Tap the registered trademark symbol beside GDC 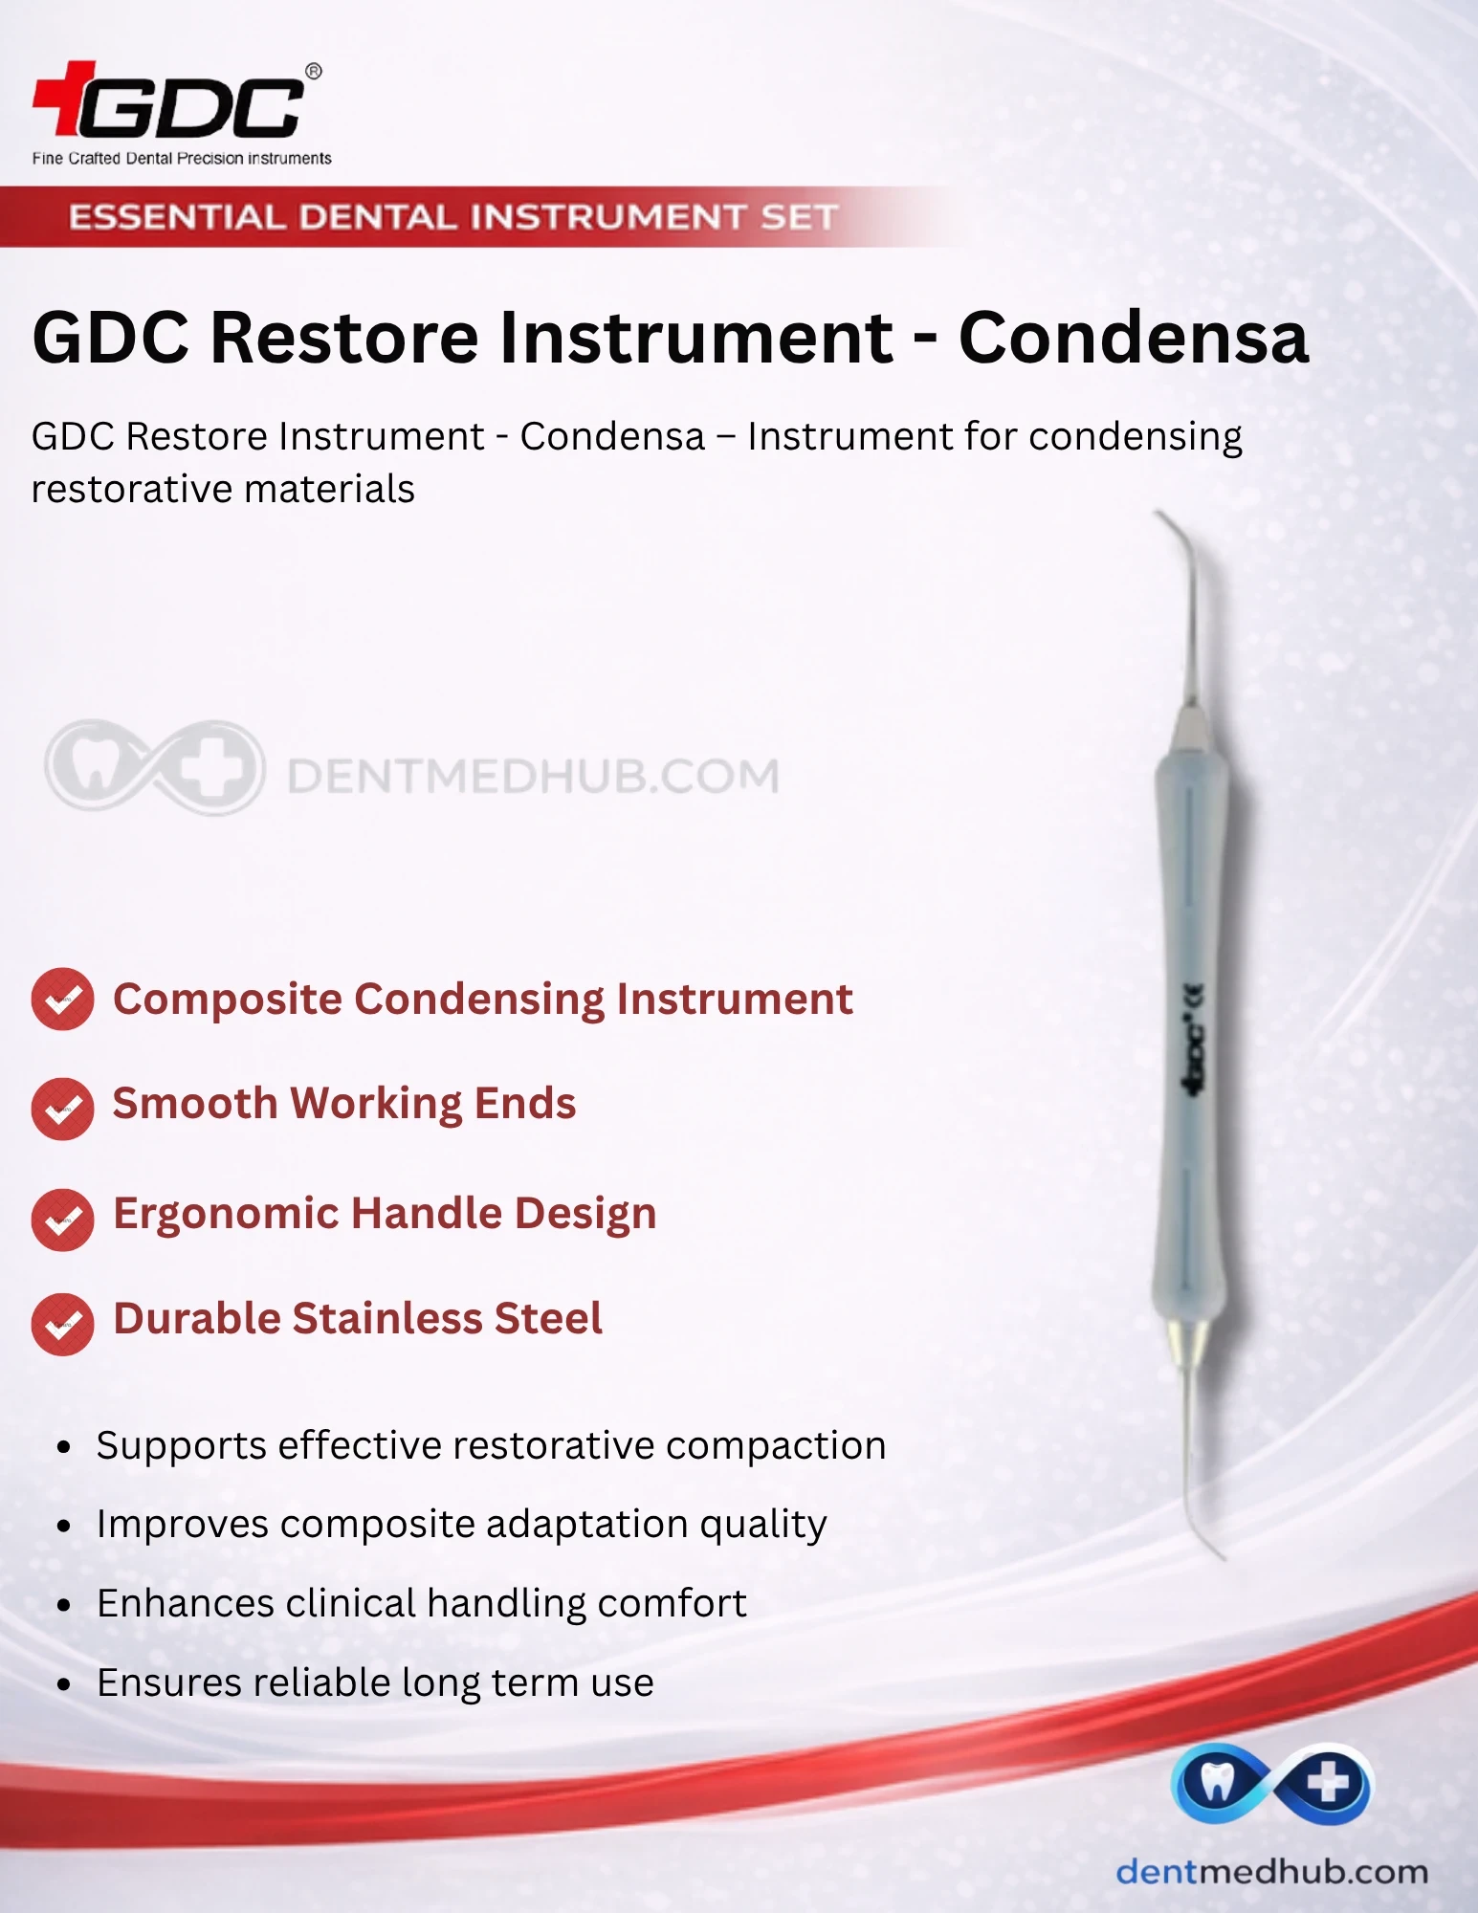[x=313, y=72]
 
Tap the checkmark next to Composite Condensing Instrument [x=62, y=999]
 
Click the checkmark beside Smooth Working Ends [x=62, y=1109]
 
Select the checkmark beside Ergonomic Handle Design [x=62, y=1220]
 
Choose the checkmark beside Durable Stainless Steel [x=62, y=1324]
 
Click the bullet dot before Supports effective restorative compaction [x=64, y=1447]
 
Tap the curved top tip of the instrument [x=1159, y=517]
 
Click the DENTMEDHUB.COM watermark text [x=534, y=776]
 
